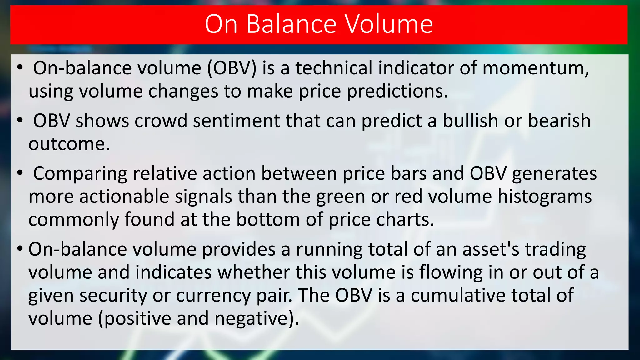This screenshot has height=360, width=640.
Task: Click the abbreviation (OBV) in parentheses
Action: (232, 68)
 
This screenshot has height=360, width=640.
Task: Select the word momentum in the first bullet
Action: (536, 68)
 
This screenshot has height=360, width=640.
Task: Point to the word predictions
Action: (397, 91)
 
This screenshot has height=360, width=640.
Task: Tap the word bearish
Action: (559, 121)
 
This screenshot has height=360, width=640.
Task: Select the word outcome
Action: (69, 144)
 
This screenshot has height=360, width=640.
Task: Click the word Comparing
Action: (80, 174)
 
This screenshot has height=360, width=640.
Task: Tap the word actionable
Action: (124, 197)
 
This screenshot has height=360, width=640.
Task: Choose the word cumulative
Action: (458, 295)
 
